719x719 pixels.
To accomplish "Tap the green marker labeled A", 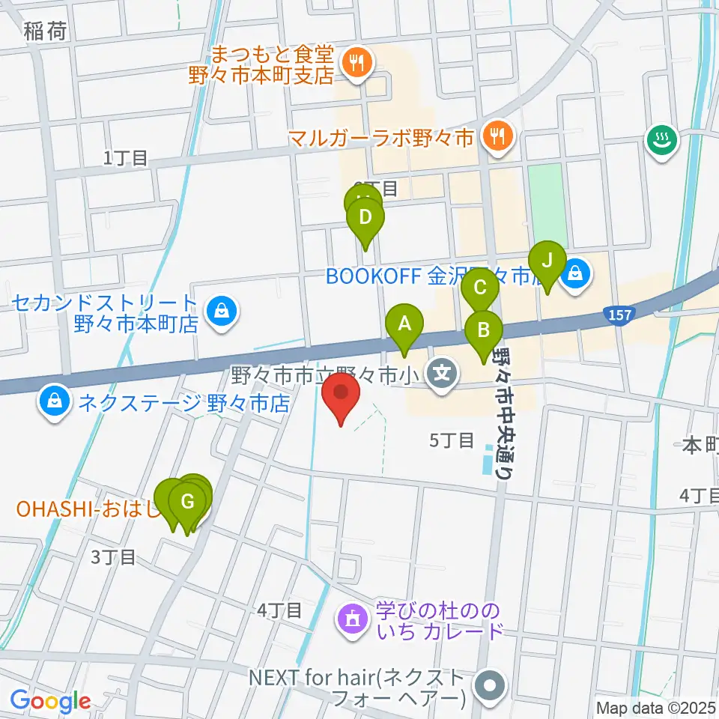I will click(404, 325).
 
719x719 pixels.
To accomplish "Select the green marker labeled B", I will click(484, 330).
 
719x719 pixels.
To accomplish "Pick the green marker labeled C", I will click(479, 288).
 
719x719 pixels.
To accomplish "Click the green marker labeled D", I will click(365, 219).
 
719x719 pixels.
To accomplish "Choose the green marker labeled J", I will click(547, 261).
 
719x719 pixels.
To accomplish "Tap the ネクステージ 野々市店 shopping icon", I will click(55, 402).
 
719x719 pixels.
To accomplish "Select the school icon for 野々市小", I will click(443, 371).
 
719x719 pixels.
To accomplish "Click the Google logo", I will click(50, 701).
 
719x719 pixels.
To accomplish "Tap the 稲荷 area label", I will click(45, 31).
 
